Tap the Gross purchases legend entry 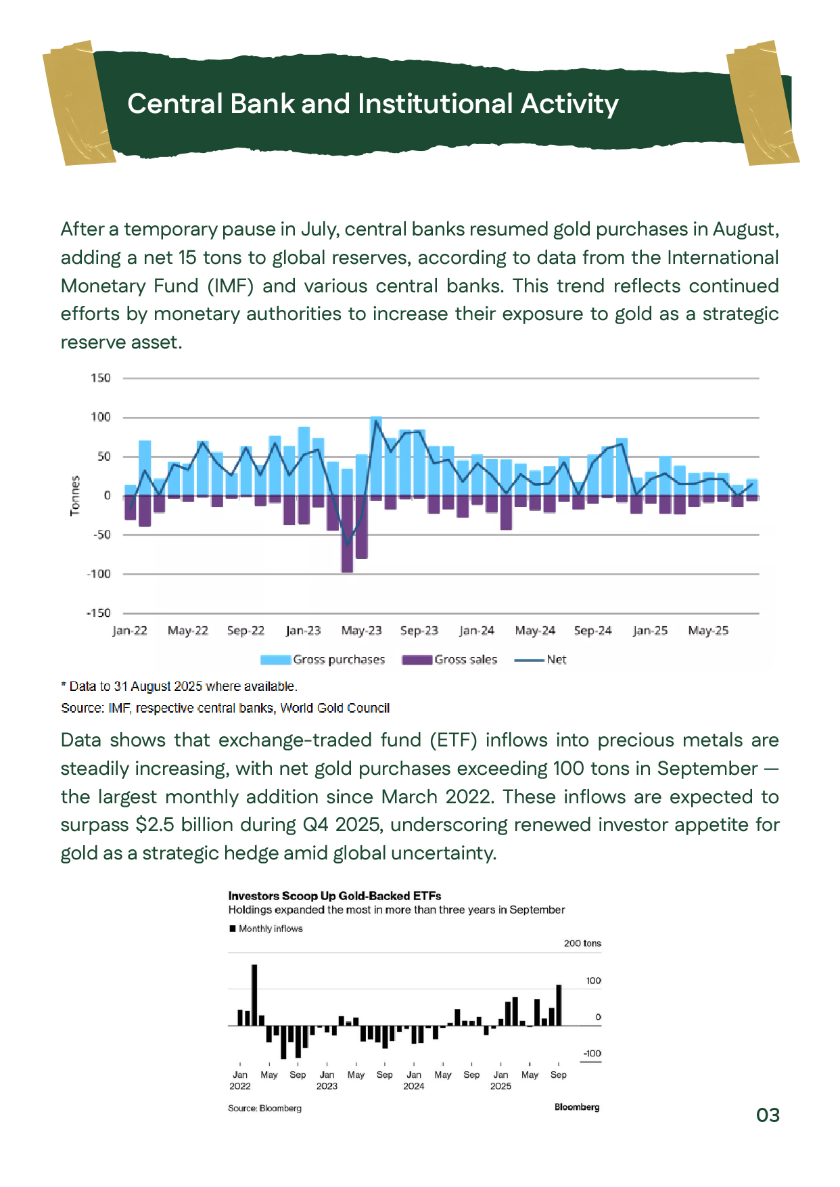[x=323, y=660]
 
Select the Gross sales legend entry [x=450, y=660]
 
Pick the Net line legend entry [x=540, y=660]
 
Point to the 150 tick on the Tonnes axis [x=101, y=378]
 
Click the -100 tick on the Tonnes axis [x=99, y=574]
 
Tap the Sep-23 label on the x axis [x=419, y=631]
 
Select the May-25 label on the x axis [x=707, y=631]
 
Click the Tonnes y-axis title [x=75, y=495]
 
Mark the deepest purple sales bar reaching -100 [x=347, y=535]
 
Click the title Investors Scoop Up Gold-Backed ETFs [x=334, y=896]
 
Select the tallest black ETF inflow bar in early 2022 [x=254, y=995]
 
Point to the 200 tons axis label [x=582, y=943]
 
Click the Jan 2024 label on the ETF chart [x=413, y=1080]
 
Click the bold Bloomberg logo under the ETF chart [x=576, y=1107]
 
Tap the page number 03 [x=768, y=1115]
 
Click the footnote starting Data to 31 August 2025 [x=179, y=686]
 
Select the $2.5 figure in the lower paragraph [x=154, y=825]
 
